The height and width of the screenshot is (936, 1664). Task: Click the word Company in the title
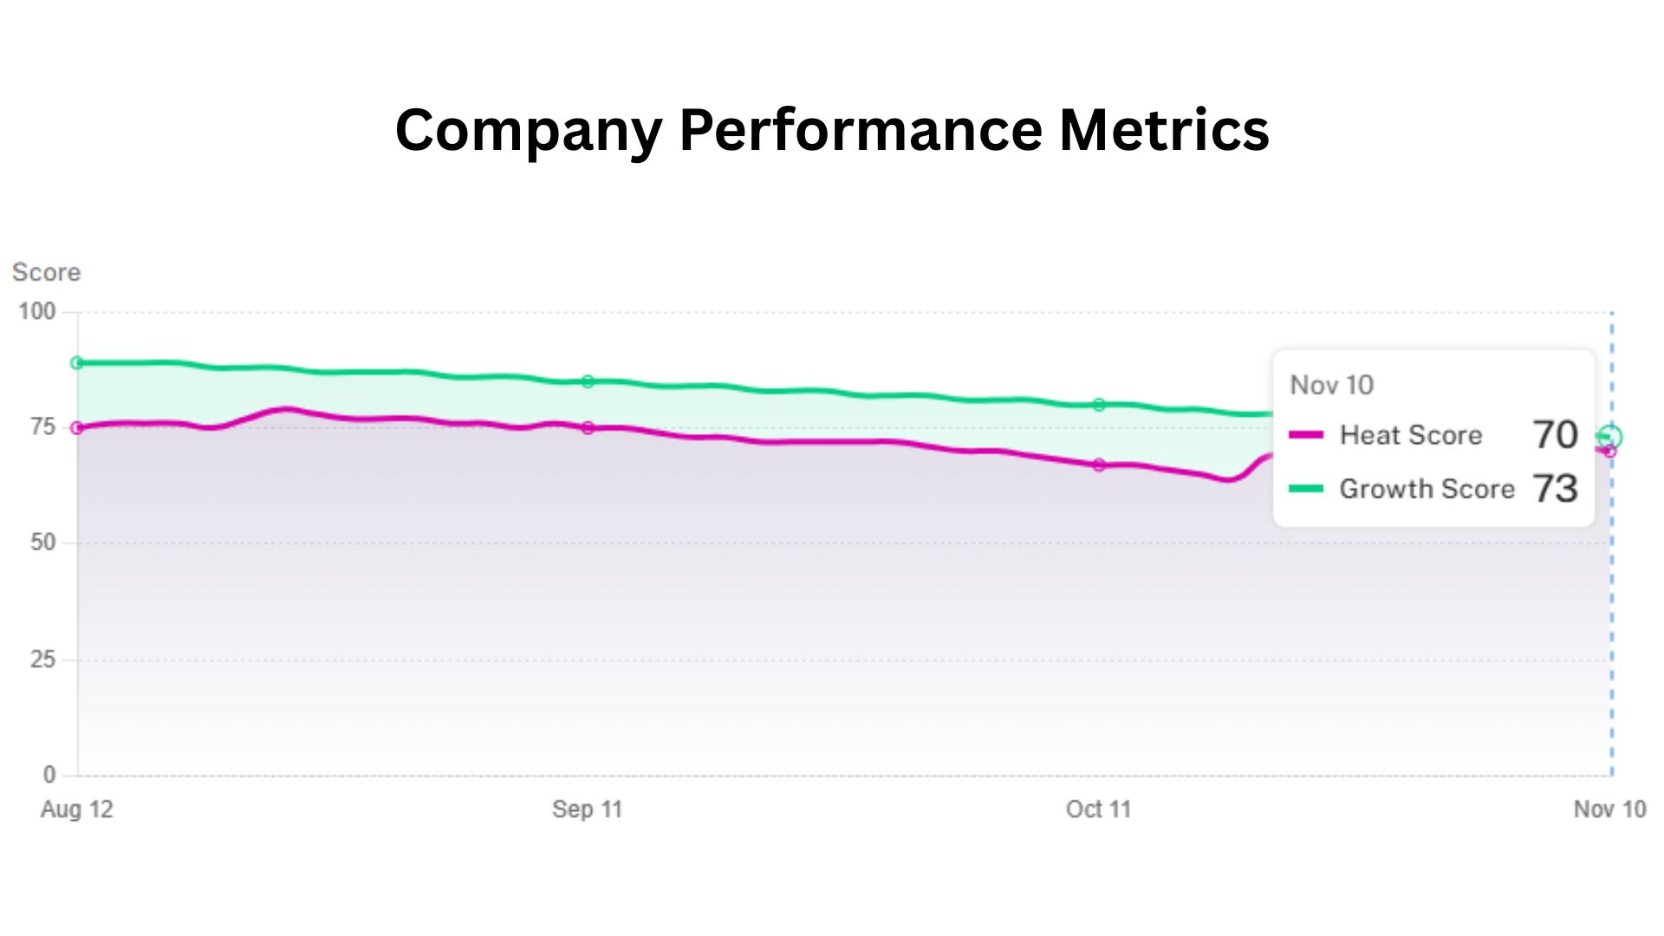(x=529, y=130)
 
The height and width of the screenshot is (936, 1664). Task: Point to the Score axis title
(x=46, y=272)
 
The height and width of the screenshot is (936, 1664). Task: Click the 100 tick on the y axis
(x=37, y=311)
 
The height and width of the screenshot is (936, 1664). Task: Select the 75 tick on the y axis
(x=43, y=426)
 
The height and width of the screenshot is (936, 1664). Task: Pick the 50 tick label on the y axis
(x=43, y=543)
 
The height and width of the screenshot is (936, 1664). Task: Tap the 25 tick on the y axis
(x=43, y=660)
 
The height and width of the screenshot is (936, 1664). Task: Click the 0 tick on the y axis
(x=49, y=774)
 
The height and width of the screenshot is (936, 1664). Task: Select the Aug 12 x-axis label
(x=77, y=809)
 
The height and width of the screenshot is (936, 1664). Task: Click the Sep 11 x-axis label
(x=588, y=809)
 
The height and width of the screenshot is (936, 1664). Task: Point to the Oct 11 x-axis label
(x=1098, y=809)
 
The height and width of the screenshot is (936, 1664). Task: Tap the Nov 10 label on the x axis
(x=1609, y=809)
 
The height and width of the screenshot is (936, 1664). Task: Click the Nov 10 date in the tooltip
(x=1331, y=385)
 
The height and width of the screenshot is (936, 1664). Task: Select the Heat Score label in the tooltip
(x=1410, y=435)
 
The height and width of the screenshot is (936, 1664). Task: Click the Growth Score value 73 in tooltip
(x=1555, y=489)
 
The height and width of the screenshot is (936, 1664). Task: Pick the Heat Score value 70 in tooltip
(x=1555, y=435)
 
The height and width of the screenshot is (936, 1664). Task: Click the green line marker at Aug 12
(x=77, y=363)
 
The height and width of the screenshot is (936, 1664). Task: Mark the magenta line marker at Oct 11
(x=1099, y=465)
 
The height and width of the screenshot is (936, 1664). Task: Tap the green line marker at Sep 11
(x=588, y=381)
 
